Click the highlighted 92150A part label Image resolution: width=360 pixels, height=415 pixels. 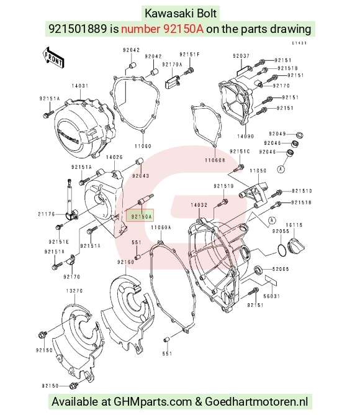[x=140, y=216]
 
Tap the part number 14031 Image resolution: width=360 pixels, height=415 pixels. [x=80, y=86]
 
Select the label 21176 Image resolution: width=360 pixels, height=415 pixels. [x=47, y=214]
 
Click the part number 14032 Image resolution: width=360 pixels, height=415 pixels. [x=199, y=205]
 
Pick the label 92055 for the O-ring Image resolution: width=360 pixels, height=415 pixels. [x=281, y=231]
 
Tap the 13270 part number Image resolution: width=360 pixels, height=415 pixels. [x=74, y=291]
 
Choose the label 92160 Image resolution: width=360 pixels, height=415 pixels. [x=125, y=262]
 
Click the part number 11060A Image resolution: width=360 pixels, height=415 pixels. [x=161, y=227]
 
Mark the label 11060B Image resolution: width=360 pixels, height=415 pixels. [x=215, y=160]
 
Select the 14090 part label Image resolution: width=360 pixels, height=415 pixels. [x=245, y=136]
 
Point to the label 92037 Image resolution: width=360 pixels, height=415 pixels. [x=241, y=56]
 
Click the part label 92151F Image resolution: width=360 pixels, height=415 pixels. [x=189, y=54]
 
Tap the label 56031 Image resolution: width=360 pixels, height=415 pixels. [x=272, y=296]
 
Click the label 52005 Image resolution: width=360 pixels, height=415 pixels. [x=281, y=269]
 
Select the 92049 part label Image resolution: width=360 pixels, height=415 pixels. [x=277, y=134]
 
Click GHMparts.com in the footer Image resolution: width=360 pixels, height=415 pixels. [x=153, y=401]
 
